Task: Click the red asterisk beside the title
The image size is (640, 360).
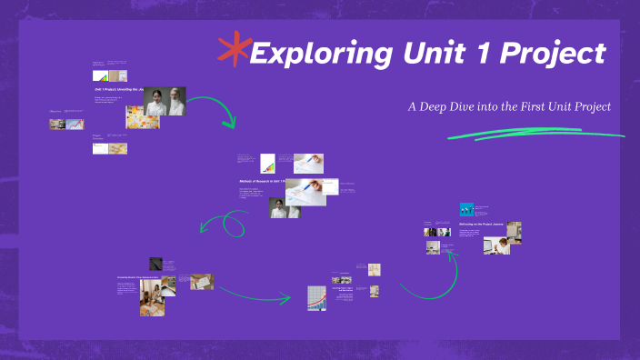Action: [x=235, y=51]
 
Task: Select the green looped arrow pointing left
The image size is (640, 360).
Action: [x=223, y=222]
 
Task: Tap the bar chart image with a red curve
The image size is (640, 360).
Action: [x=316, y=297]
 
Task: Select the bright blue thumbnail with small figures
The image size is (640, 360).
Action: [x=466, y=209]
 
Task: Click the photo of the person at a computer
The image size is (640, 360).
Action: [x=496, y=245]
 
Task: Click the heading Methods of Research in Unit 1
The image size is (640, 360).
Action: [x=262, y=182]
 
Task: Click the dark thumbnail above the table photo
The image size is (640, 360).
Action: [x=156, y=264]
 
